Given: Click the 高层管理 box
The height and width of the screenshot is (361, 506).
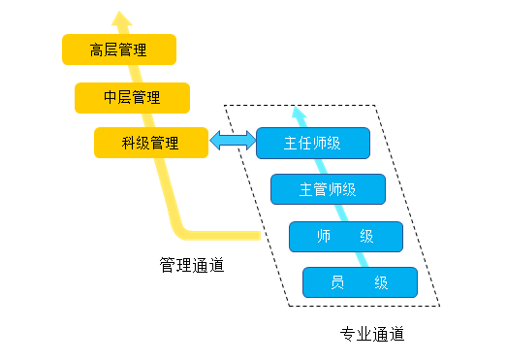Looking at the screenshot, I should point(118,49).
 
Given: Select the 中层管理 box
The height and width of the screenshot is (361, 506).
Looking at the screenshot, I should point(131,97).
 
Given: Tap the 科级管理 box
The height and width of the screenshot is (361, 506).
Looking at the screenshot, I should point(150,143).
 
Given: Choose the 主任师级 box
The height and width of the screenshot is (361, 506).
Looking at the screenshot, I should point(312,143).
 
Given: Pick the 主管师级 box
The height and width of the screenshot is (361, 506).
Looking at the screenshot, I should point(328,189).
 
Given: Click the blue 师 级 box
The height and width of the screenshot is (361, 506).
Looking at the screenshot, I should point(345,237).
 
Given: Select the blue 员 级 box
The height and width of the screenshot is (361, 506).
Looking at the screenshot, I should point(360,282).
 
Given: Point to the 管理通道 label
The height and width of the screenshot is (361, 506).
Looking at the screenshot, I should point(192,263).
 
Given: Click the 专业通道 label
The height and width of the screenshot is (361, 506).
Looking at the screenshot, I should point(371,335).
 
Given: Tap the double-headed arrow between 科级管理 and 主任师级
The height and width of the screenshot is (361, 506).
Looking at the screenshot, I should point(233,142).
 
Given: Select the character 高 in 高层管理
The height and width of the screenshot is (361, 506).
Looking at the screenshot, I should point(97,49).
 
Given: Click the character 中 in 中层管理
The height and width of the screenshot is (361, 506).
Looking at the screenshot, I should point(110,97).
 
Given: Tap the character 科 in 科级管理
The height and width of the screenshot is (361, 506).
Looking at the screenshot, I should point(128,143).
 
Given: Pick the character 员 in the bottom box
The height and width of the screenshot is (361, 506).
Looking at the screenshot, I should point(337,282).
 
